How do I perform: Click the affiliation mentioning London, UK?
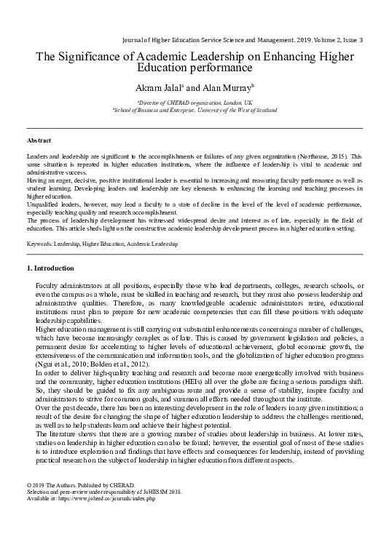195,104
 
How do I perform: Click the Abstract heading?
39,139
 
